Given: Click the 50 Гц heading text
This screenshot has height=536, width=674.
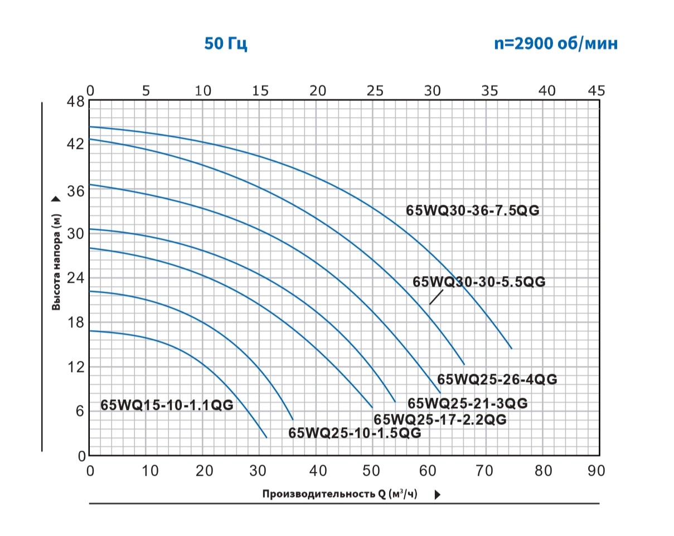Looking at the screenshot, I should pos(225,44).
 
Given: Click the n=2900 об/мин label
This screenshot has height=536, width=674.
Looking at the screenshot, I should pos(556,44).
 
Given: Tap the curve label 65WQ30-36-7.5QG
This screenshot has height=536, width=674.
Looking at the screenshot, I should pos(473,211).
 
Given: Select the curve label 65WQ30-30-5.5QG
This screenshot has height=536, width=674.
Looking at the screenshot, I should pos(479,282).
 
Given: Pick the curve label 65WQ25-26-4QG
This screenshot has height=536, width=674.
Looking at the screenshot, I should pos(497,379).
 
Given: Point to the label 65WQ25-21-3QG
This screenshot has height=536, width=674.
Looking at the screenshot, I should pos(467,403).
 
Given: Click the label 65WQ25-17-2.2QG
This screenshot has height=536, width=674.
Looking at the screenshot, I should pos(440,419).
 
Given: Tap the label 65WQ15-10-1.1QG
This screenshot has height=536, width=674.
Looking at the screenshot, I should pos(167,405).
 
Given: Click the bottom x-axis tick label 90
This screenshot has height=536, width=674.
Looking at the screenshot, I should pos(596,471).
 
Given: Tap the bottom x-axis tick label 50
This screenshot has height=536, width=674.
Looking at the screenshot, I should pos(371,471).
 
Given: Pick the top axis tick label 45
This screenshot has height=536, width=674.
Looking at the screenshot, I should pos(596,90).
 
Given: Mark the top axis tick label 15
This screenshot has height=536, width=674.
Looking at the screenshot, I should pos(260,90).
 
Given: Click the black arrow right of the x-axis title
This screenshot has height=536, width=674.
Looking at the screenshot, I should pos(437,494).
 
